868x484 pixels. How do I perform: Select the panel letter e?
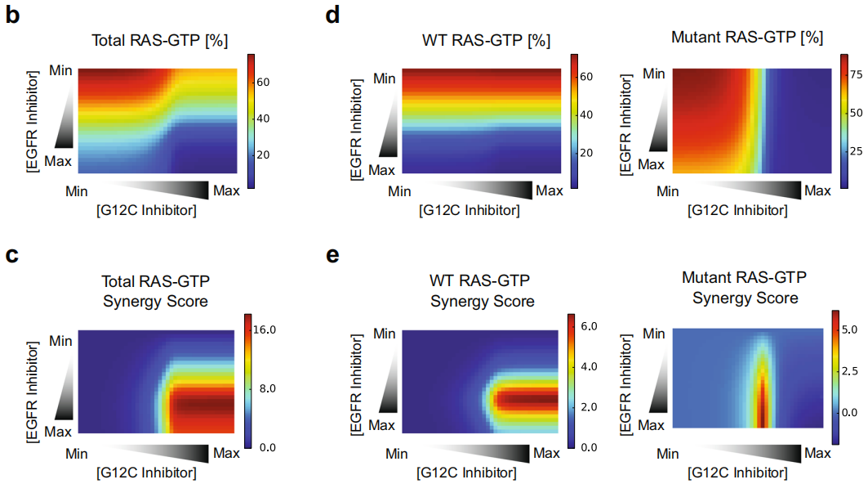coord(332,255)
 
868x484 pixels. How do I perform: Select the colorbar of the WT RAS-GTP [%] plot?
coord(575,121)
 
